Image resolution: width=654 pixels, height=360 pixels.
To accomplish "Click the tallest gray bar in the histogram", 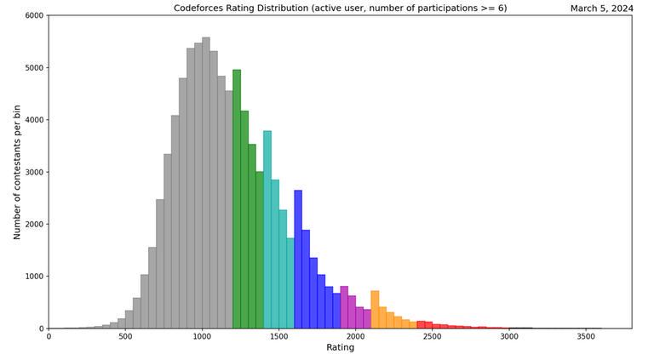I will [206, 183].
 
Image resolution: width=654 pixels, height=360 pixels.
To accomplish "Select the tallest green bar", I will [237, 199].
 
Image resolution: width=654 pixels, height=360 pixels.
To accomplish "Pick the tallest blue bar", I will [298, 260].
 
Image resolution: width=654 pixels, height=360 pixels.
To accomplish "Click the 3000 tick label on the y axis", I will [34, 172].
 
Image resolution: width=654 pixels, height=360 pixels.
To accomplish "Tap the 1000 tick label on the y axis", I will [34, 277].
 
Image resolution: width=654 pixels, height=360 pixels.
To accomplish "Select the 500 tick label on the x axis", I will [125, 337].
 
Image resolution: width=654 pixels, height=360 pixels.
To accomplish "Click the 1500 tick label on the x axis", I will [278, 337].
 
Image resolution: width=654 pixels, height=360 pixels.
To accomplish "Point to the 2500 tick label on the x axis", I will [432, 337].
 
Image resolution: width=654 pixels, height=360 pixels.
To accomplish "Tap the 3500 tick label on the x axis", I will [585, 337].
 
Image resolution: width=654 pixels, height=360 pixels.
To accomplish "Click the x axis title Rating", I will [340, 348].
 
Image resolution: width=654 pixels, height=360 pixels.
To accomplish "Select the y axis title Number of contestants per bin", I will [17, 172].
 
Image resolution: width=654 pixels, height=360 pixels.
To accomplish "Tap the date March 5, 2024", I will [601, 9].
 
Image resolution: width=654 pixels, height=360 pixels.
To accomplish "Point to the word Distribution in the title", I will [281, 9].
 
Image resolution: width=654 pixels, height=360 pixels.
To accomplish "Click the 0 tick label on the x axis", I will [49, 337].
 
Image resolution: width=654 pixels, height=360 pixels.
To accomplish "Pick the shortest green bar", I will [260, 250].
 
